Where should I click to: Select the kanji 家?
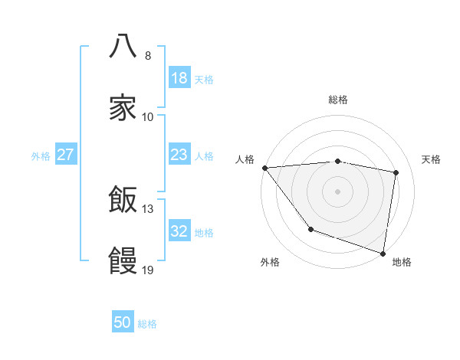[123, 107]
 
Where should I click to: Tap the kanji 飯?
[123, 200]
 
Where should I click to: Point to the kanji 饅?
[123, 262]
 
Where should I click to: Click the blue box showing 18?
[179, 78]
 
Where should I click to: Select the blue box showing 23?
[179, 155]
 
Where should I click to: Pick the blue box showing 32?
[179, 231]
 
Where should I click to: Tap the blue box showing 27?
[66, 155]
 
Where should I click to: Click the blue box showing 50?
[123, 322]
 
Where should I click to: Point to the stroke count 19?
[148, 270]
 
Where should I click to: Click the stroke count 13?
[148, 208]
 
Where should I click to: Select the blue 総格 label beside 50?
[147, 324]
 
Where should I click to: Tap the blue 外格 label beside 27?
[41, 155]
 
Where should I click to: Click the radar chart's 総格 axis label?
[338, 100]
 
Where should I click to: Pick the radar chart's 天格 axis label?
[432, 159]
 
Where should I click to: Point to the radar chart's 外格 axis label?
[270, 262]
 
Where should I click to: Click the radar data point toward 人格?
[264, 168]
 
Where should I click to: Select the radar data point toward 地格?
[383, 253]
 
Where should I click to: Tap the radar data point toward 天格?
[396, 172]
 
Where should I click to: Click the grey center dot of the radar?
[338, 191]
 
